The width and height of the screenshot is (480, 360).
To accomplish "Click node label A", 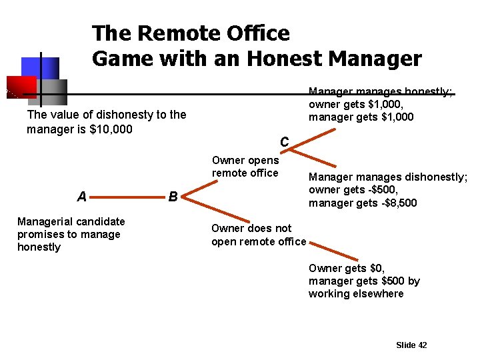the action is coord(81,197).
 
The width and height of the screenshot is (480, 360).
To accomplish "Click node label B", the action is coord(173,197).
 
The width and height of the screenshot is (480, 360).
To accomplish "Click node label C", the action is coord(284,142).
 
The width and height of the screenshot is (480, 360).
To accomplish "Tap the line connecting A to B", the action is coord(127,197).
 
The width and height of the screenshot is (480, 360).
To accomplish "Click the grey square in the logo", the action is coord(53,91).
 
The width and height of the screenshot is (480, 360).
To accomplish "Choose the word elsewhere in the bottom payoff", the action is coord(379,293).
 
